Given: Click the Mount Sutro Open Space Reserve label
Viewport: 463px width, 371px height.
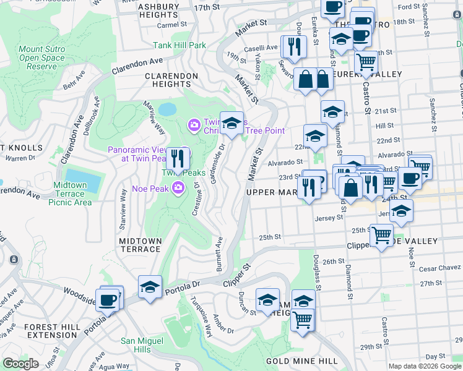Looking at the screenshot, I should coord(42,58).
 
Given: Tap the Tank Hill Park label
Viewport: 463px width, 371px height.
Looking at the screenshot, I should coord(180,45).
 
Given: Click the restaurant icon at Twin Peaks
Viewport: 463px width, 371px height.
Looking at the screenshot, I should coord(178,159).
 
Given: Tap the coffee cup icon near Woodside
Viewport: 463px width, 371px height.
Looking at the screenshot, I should coord(108,300).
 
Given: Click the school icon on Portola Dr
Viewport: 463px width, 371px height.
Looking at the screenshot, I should coord(150,288).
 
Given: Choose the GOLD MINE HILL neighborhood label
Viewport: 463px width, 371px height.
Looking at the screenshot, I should coord(301,360).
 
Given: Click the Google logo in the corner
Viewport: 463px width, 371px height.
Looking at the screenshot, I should coord(20,364).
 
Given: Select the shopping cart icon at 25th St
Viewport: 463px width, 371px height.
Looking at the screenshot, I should coord(381,235).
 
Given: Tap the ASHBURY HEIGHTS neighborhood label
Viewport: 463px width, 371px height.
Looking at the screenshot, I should coord(158,10).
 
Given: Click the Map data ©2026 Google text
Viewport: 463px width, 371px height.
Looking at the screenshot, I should coord(425,366).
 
